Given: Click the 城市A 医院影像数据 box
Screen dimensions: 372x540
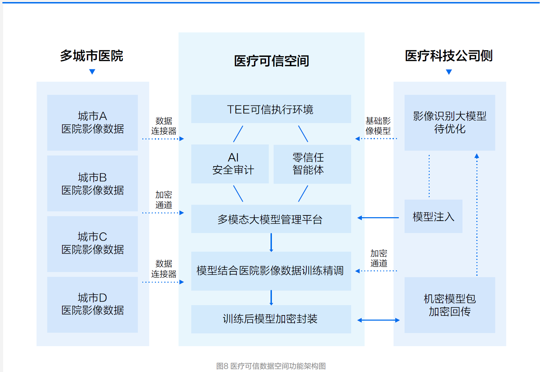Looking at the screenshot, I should pyautogui.click(x=92, y=122).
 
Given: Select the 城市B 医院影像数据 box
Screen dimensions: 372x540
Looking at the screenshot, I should pyautogui.click(x=92, y=183).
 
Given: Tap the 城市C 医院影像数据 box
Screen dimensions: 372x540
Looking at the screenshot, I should pyautogui.click(x=92, y=244).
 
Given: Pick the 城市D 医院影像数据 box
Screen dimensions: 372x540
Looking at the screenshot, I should pyautogui.click(x=92, y=304).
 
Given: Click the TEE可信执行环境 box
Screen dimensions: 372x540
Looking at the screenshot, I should pyautogui.click(x=271, y=109).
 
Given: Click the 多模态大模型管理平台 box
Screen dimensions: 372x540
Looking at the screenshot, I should pyautogui.click(x=271, y=219).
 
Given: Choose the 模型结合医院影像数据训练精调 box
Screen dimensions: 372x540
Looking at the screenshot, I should pyautogui.click(x=271, y=271).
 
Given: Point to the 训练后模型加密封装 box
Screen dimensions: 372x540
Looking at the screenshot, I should pyautogui.click(x=271, y=319).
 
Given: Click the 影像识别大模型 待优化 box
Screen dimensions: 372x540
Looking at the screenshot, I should pyautogui.click(x=450, y=122).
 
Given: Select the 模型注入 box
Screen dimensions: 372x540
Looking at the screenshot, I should pyautogui.click(x=433, y=217).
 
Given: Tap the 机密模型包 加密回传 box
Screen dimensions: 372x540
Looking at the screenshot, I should pyautogui.click(x=450, y=305).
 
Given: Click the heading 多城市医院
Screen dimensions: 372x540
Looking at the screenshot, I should pyautogui.click(x=92, y=56).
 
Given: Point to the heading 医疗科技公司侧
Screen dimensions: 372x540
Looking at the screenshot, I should pyautogui.click(x=449, y=56).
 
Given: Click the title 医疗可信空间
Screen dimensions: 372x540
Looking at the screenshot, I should pyautogui.click(x=272, y=61).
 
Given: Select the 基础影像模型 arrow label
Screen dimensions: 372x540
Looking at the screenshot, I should pyautogui.click(x=378, y=126).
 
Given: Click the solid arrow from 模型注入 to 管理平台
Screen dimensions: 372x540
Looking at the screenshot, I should pyautogui.click(x=378, y=218).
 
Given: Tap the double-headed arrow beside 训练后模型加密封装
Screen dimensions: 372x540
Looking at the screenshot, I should pyautogui.click(x=378, y=320).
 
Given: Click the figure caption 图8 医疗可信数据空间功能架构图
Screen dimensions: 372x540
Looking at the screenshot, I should pyautogui.click(x=271, y=366).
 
